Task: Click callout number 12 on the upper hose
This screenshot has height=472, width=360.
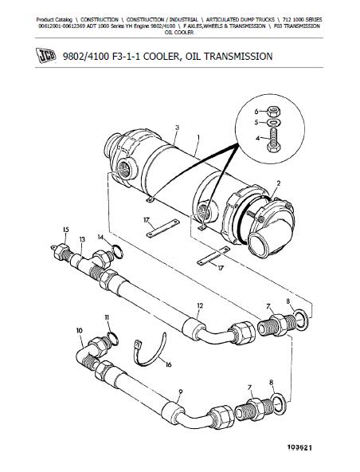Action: click(x=200, y=306)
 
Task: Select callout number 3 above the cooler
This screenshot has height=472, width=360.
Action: click(x=177, y=128)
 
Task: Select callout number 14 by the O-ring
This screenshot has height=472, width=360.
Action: click(x=101, y=237)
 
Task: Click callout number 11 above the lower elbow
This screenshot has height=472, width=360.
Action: click(x=105, y=318)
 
